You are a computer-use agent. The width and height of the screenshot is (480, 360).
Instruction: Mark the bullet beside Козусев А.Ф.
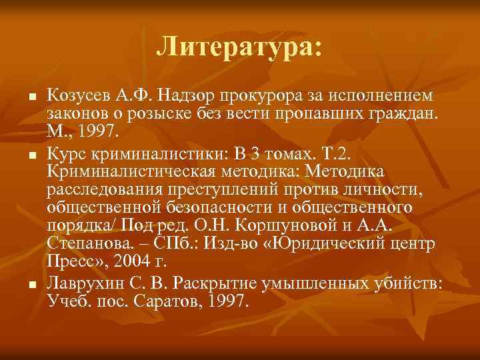pyautogui.click(x=31, y=97)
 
